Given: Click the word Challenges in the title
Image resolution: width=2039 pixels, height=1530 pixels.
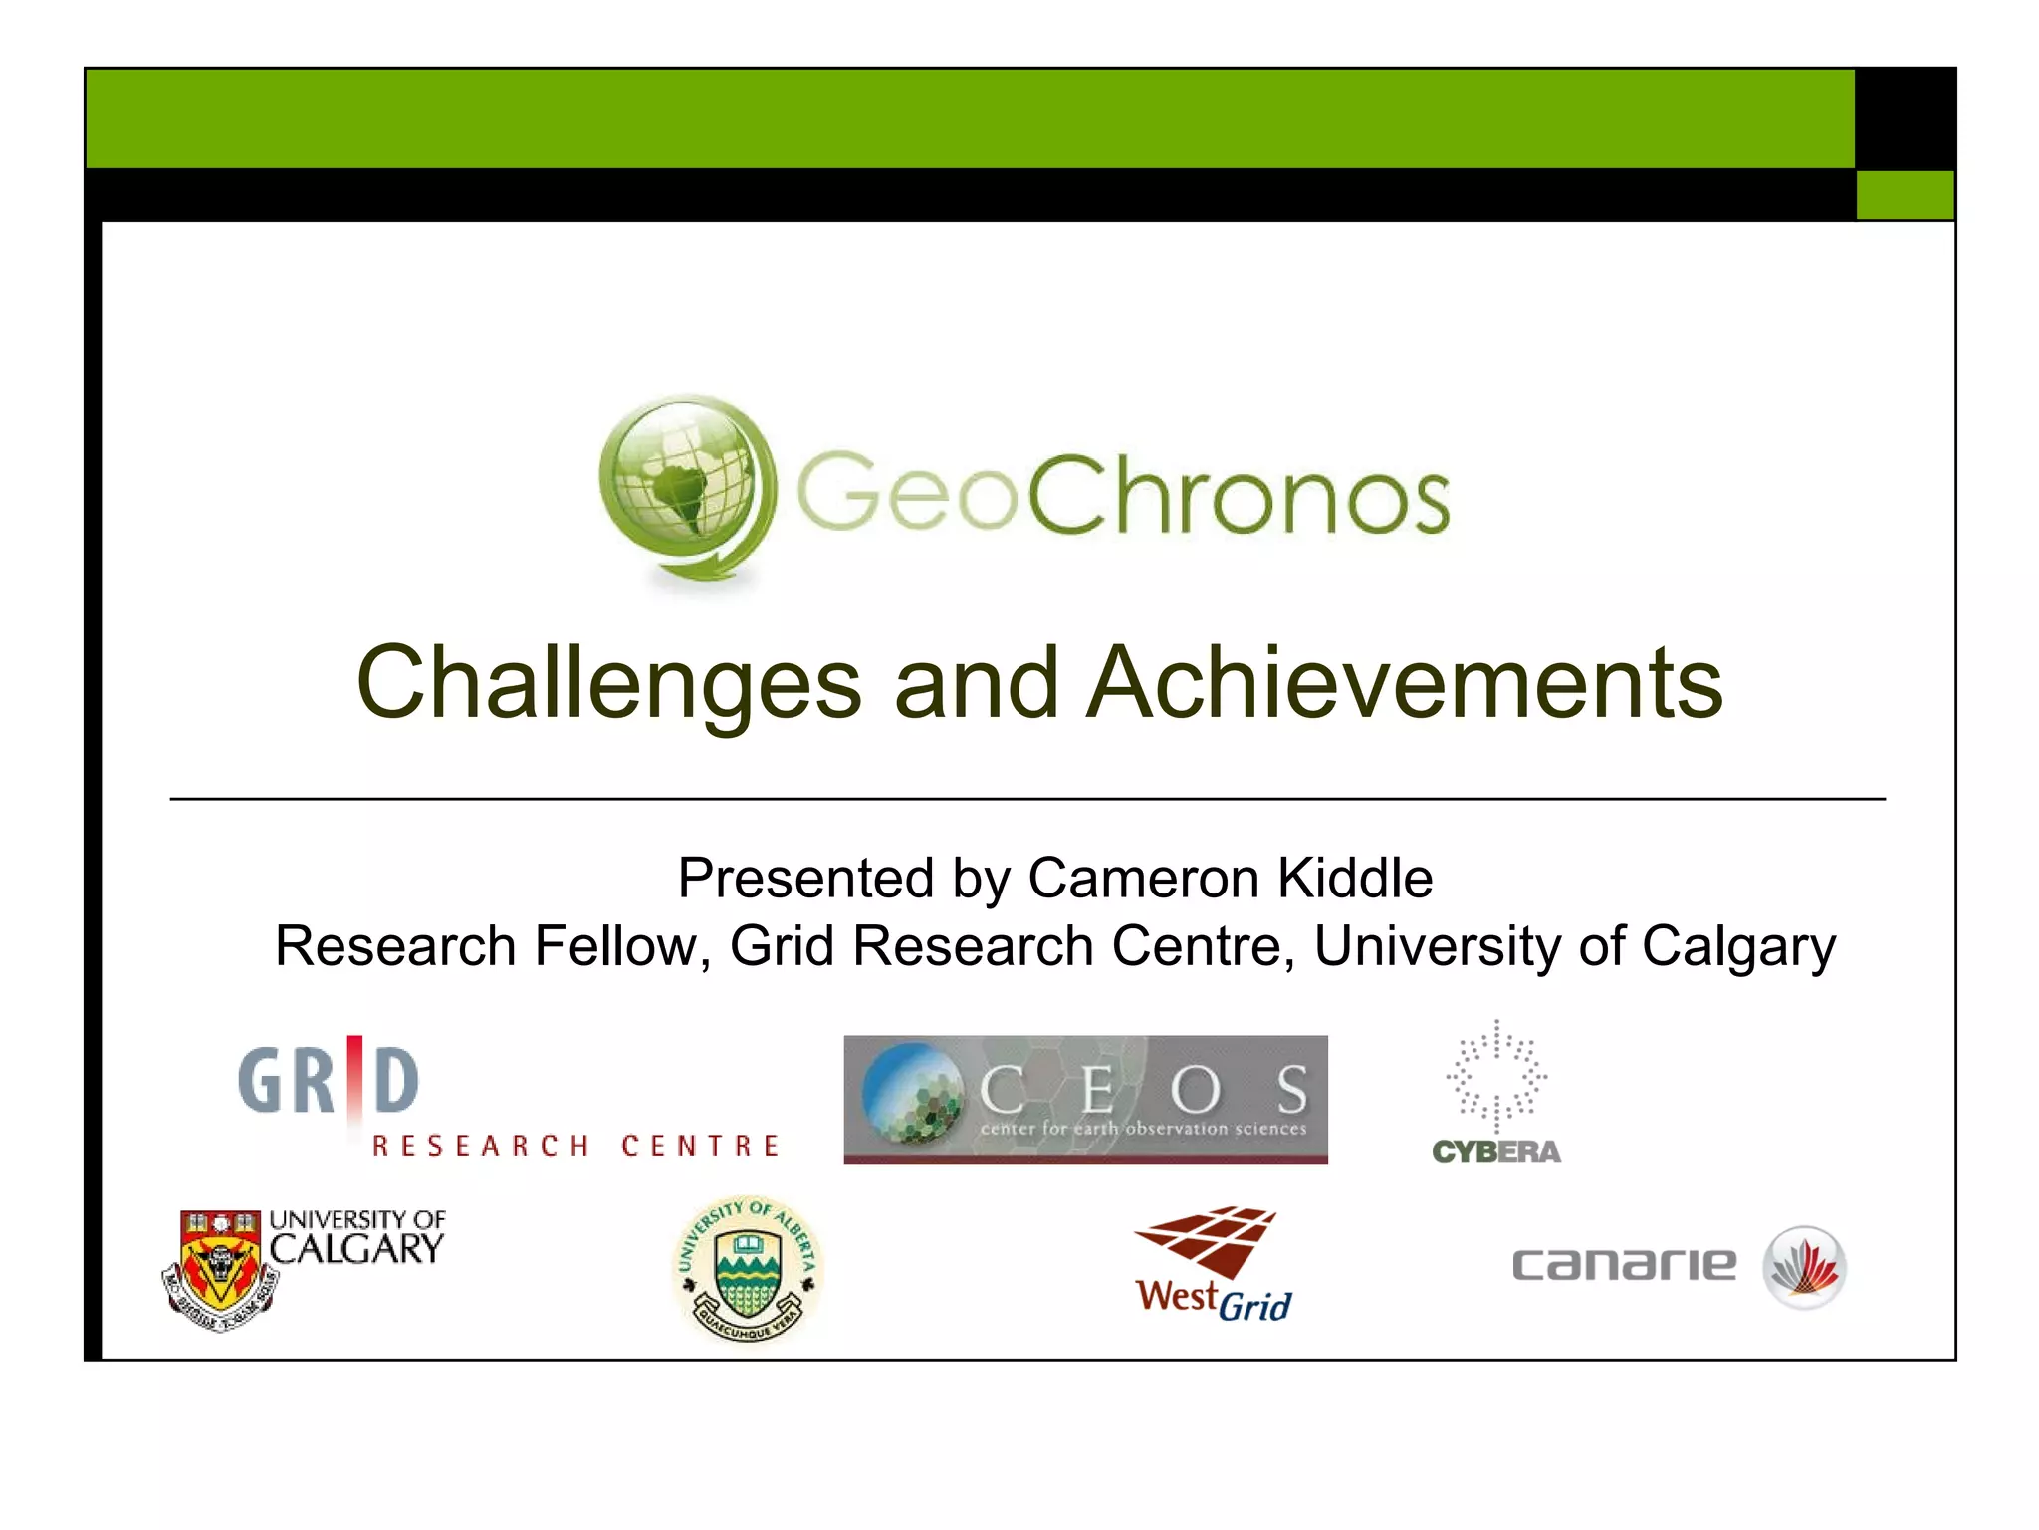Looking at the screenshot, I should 608,683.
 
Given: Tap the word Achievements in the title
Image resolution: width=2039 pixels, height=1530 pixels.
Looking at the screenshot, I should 1405,683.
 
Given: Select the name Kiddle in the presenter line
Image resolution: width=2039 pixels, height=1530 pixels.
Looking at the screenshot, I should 1354,879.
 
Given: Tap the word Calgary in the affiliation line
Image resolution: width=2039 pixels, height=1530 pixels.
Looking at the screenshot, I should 1738,946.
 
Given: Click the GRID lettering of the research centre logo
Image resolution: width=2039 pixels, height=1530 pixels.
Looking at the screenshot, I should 329,1080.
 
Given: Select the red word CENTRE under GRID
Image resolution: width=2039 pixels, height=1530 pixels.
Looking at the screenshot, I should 700,1147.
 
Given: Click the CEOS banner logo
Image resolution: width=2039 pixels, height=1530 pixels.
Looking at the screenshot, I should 1085,1099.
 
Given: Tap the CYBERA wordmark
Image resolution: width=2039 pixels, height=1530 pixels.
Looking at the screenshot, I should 1496,1152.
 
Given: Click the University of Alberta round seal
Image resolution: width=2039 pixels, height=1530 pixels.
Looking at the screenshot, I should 748,1268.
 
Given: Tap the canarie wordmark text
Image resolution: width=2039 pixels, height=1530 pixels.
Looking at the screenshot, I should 1623,1265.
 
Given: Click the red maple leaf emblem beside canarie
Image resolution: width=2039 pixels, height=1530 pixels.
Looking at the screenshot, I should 1805,1267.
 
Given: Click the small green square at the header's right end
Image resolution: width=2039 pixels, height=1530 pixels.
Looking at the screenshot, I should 1905,194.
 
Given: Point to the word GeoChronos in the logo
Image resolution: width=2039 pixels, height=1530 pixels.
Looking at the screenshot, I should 1122,493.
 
